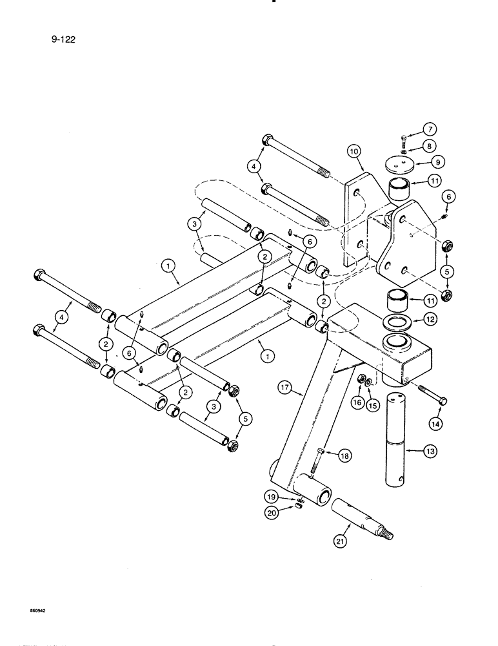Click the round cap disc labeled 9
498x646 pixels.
tap(393, 164)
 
